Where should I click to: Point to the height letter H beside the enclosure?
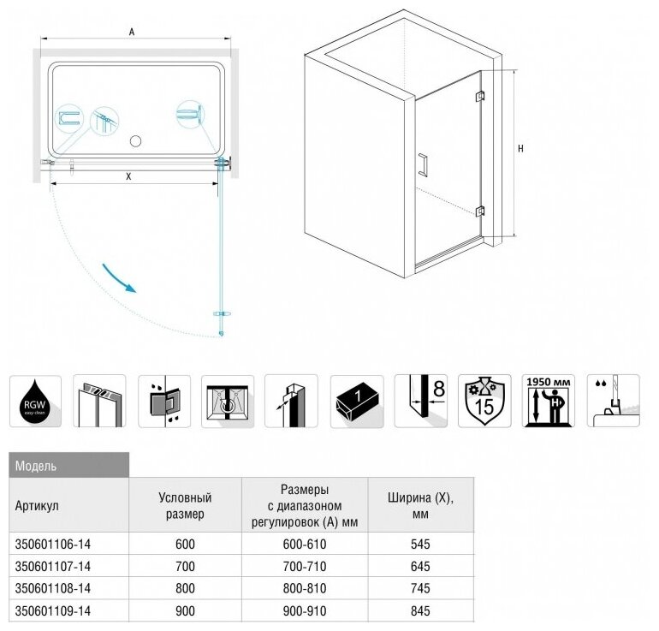coord(521,148)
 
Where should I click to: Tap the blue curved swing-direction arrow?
coord(119,278)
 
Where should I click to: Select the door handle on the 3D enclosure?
coord(422,165)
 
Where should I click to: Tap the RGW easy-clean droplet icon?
coord(35,401)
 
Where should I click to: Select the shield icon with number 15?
coord(484,401)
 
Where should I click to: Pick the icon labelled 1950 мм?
coord(549,401)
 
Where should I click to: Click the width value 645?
coord(419,567)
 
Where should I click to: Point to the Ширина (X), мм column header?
coord(419,505)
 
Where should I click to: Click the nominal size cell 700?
coord(185,567)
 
